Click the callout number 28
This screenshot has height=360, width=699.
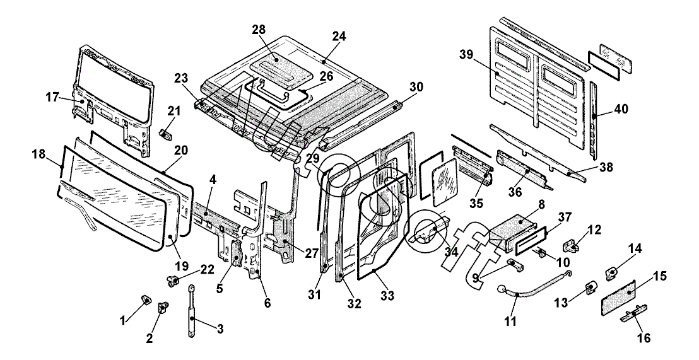(x=258, y=30)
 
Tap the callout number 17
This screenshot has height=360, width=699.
(x=51, y=97)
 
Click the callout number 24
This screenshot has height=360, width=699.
(x=339, y=36)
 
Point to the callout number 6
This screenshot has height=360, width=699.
(x=267, y=303)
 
